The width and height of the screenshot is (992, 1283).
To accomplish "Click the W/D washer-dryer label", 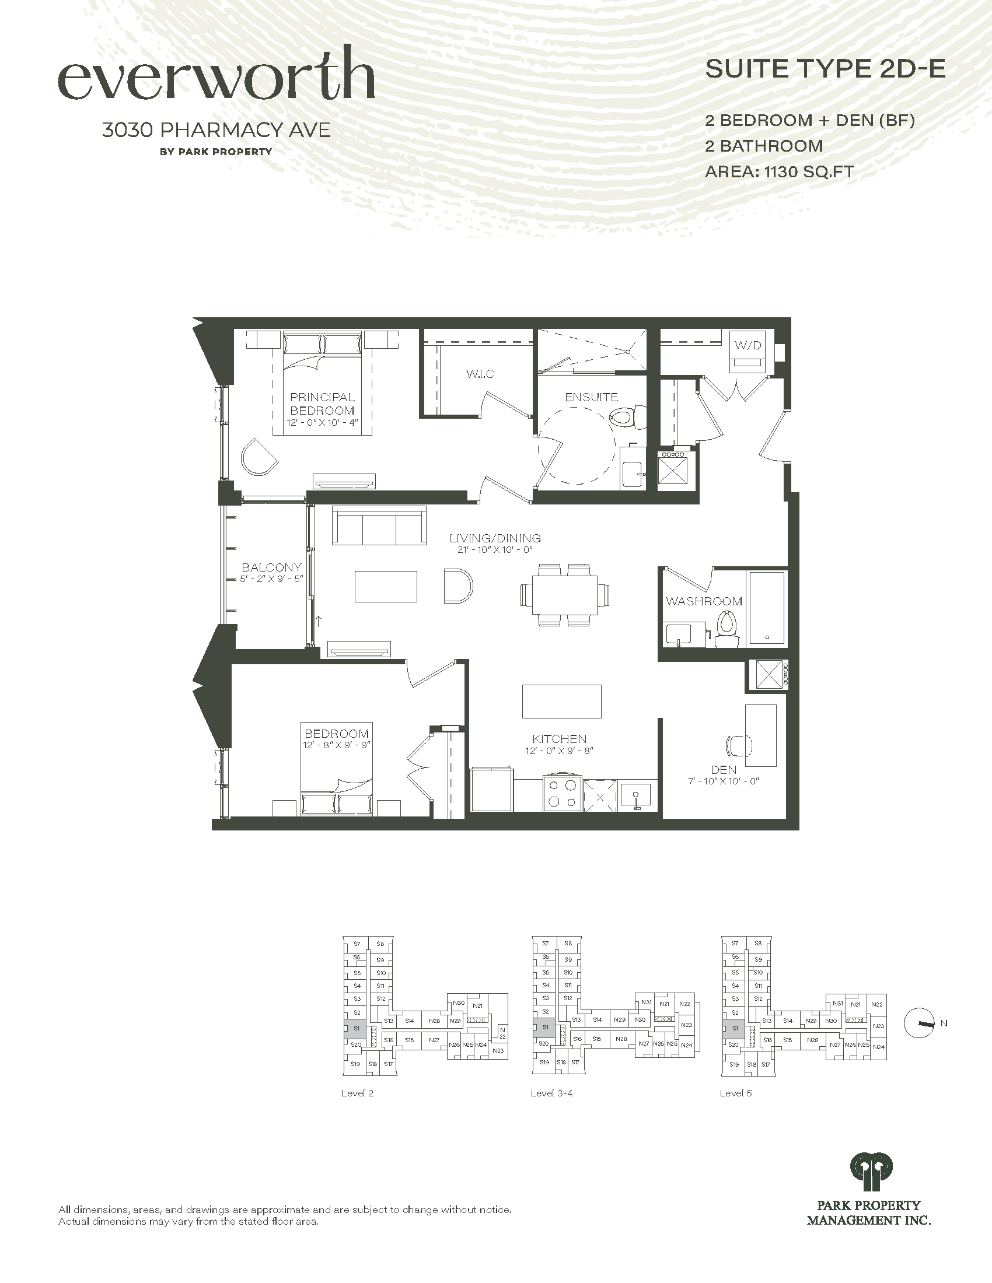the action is pos(748,345).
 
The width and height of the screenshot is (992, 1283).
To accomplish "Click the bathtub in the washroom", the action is pos(766,609).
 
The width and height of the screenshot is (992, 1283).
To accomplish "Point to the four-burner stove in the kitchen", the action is pos(563,794).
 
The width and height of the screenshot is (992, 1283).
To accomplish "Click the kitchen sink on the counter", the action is pos(635,795).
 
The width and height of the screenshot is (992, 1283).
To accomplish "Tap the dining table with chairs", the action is pos(565,594).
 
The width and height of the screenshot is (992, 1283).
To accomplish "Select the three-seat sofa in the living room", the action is pos(379,525).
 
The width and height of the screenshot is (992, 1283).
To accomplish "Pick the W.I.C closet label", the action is pos(480,374).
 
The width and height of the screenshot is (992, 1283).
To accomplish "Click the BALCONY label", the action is pos(271,567).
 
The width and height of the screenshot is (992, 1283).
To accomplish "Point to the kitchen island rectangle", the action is pos(562,701).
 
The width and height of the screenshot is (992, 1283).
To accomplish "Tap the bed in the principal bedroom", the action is pos(322,383).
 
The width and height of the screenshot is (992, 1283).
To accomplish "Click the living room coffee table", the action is pos(386,586).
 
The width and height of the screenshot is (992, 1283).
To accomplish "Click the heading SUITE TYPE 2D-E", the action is pos(825,69).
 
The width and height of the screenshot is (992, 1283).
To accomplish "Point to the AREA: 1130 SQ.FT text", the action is pos(779,171).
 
